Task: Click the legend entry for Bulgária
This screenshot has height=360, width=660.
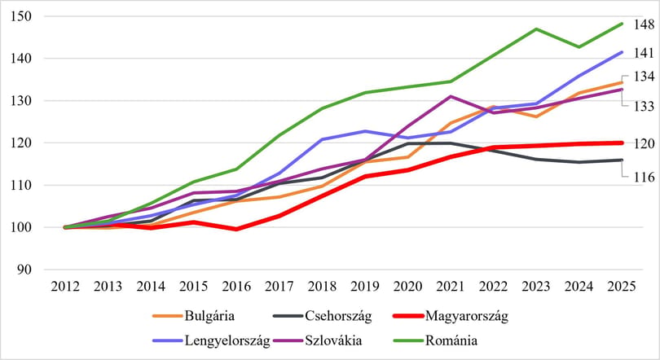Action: pos(194,316)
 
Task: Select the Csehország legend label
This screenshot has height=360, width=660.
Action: pos(323,316)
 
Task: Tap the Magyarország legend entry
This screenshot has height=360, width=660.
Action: pos(450,316)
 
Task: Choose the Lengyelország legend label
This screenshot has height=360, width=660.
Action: pos(211,340)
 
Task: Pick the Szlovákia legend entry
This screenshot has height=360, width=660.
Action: pos(318,340)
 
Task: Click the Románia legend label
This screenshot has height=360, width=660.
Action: pos(435,340)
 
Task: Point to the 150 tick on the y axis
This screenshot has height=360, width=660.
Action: pos(21,16)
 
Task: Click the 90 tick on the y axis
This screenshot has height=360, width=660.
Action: pos(24,270)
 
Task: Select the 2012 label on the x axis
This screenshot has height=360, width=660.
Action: pos(65,287)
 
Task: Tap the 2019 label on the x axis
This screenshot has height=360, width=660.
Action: pos(365,287)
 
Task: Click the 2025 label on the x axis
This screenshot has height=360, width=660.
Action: pos(622,287)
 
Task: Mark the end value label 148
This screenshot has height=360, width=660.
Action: pos(644,24)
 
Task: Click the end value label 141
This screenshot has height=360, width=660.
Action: pos(644,53)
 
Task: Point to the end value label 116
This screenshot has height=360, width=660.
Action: pos(644,177)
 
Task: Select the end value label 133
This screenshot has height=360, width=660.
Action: pos(644,106)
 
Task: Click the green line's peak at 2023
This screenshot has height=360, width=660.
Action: pos(536,29)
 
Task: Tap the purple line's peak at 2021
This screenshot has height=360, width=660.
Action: pos(451,96)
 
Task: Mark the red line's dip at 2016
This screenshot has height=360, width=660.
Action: pos(236,229)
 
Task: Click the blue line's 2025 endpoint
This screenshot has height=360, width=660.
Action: pos(621,52)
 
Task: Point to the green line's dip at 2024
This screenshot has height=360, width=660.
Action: pos(579,47)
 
